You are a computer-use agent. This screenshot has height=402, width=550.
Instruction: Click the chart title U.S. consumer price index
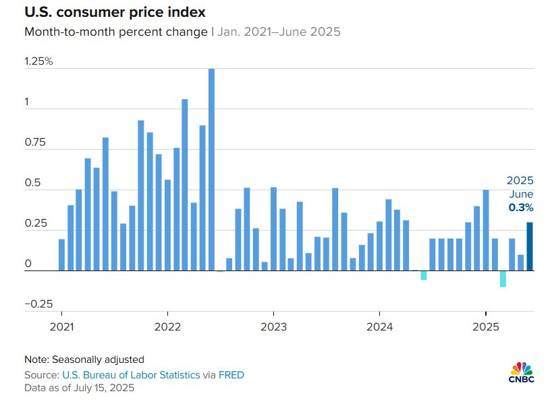click(115, 13)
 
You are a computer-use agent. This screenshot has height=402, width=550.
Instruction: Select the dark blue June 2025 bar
click(530, 246)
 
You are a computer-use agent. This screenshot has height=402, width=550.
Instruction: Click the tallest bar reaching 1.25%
click(211, 169)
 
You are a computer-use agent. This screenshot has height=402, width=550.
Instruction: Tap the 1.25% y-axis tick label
click(38, 61)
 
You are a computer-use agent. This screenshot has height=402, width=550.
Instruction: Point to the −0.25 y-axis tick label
click(38, 304)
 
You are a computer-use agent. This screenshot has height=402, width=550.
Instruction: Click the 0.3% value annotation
click(521, 208)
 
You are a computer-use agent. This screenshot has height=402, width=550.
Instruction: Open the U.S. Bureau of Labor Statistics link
click(131, 374)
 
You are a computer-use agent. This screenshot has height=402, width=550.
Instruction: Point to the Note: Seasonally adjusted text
click(84, 360)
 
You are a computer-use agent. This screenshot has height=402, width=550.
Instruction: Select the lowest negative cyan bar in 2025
click(503, 279)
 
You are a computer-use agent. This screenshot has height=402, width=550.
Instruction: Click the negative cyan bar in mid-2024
click(424, 275)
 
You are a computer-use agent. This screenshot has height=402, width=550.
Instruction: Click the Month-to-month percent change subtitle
click(115, 32)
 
